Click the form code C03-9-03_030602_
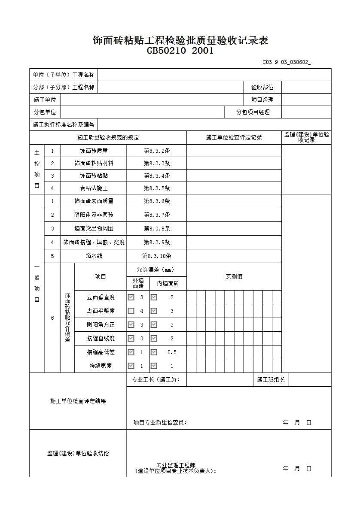pyautogui.click(x=287, y=62)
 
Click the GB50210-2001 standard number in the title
pyautogui.click(x=180, y=51)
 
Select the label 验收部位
pyautogui.click(x=262, y=88)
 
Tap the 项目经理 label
pyautogui.click(x=262, y=100)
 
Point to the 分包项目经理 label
pyautogui.click(x=253, y=112)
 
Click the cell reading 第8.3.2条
pyautogui.click(x=157, y=151)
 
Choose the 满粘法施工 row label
pyautogui.click(x=94, y=188)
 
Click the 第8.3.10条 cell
pyautogui.click(x=157, y=256)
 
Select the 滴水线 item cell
pyautogui.click(x=94, y=256)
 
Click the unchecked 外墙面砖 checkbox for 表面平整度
pyautogui.click(x=131, y=311)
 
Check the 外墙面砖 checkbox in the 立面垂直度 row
pyautogui.click(x=131, y=297)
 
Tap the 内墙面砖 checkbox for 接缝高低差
pyautogui.click(x=154, y=352)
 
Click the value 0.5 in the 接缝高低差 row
pyautogui.click(x=172, y=352)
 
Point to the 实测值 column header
pyautogui.click(x=234, y=277)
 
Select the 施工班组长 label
pyautogui.click(x=271, y=380)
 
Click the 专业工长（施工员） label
pyautogui.click(x=156, y=380)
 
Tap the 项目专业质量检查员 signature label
pyautogui.click(x=160, y=423)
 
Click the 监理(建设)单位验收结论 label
pyautogui.click(x=78, y=454)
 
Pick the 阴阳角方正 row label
pyautogui.click(x=101, y=325)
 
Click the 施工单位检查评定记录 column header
pyautogui.click(x=234, y=138)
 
